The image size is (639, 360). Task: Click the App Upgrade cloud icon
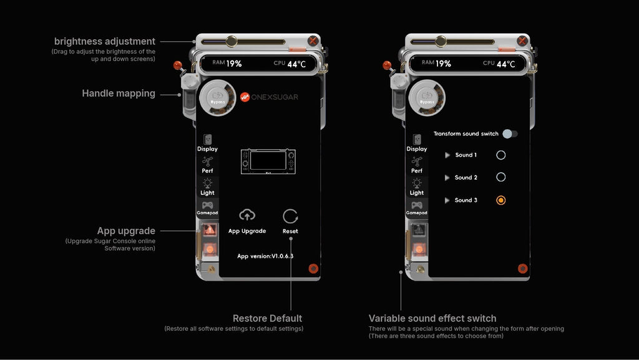[247, 215]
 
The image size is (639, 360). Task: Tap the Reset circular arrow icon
[290, 216]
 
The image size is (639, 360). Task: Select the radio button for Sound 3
[500, 200]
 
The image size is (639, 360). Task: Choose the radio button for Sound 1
[500, 155]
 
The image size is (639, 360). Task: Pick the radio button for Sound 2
[500, 177]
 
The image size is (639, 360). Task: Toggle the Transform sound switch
[510, 134]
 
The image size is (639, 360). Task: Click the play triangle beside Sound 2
[447, 178]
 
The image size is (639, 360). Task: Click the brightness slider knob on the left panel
[231, 41]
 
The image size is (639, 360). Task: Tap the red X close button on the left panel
[313, 42]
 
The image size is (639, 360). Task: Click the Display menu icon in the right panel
[417, 140]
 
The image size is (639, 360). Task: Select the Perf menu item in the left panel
[207, 165]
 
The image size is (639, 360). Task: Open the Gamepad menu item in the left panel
[207, 208]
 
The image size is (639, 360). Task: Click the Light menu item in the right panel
[417, 186]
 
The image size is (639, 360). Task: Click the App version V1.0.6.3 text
[265, 256]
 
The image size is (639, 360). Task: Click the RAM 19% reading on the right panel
[436, 63]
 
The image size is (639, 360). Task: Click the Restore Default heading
[267, 318]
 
